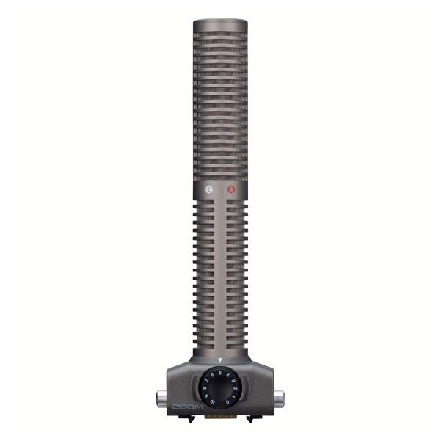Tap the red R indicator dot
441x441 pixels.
[231, 189]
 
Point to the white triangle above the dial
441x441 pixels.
[220, 360]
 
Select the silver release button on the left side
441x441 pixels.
[160, 398]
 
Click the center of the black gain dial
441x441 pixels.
[220, 387]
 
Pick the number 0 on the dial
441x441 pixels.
[228, 402]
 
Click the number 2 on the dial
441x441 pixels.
[236, 390]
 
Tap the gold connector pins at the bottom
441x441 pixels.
[220, 417]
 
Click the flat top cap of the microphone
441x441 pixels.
[220, 23]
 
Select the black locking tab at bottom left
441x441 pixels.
[191, 419]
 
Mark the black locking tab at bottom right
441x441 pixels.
[249, 419]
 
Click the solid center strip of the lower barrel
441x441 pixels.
[220, 279]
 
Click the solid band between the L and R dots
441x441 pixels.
[220, 189]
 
